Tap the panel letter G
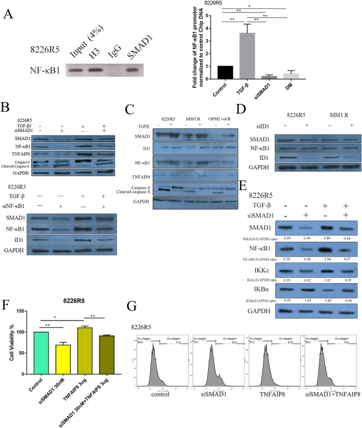pos(134,307)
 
